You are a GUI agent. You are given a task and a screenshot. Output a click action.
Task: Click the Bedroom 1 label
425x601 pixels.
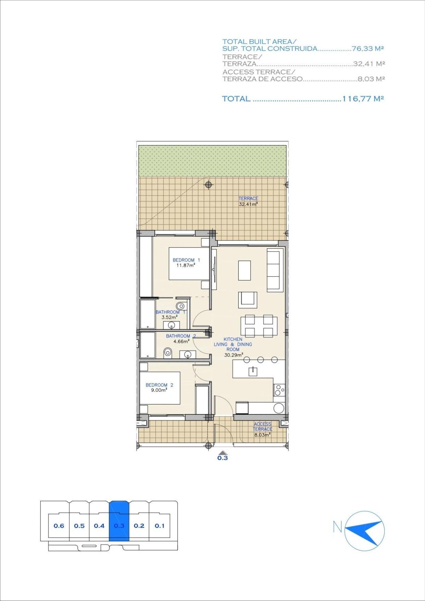tap(186, 260)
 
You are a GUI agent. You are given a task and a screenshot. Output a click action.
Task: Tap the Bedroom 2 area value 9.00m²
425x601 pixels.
tap(159, 390)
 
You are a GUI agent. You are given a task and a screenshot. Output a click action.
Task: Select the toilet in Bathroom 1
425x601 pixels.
tap(181, 306)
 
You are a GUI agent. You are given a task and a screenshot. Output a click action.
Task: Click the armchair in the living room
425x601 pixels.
tap(248, 299)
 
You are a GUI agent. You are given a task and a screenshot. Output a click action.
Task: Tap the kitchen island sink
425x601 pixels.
tap(253, 372)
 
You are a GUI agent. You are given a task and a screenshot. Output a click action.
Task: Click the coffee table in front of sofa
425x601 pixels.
tap(244, 271)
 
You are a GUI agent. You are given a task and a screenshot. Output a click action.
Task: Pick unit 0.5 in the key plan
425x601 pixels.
tap(79, 526)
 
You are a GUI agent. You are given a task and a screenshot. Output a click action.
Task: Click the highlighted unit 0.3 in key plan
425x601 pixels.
tap(119, 526)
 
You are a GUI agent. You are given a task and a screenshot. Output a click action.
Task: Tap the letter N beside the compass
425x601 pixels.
tap(337, 527)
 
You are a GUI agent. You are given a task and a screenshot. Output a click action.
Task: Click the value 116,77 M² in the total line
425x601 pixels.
tap(363, 99)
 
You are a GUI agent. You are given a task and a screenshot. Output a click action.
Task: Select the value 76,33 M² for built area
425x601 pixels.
tap(368, 49)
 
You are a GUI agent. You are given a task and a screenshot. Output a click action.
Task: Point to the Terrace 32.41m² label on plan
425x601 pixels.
tap(248, 201)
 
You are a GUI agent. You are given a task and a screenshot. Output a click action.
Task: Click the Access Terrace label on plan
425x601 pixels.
tap(262, 427)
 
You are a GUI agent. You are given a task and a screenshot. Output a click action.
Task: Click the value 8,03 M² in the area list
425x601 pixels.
tap(371, 79)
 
